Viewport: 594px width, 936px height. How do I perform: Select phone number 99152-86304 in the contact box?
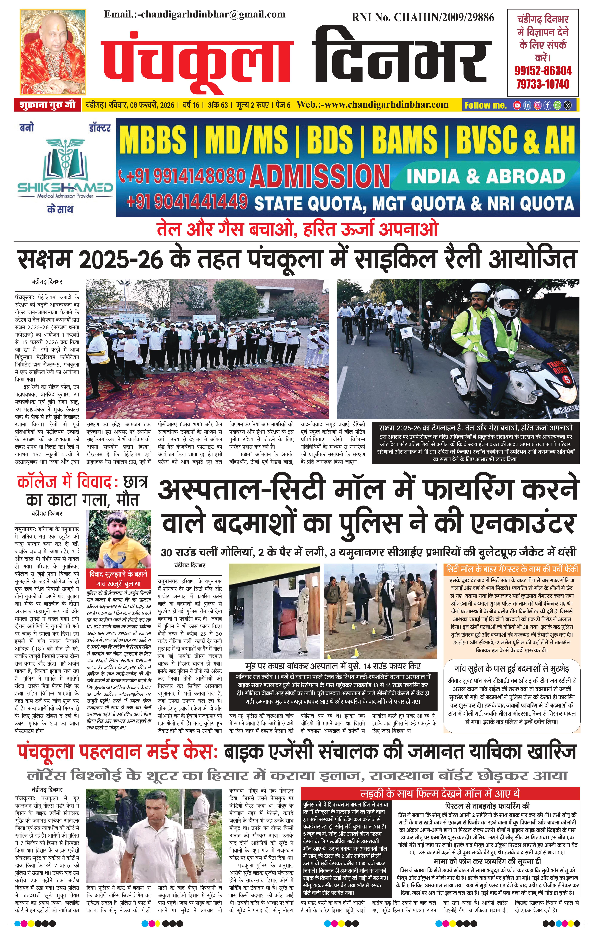[x=543, y=71]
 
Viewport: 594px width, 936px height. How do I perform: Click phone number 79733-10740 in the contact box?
[x=543, y=84]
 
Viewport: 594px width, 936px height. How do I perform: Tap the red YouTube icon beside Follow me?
[x=517, y=105]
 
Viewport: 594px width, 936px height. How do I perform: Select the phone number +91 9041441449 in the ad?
[x=187, y=201]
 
